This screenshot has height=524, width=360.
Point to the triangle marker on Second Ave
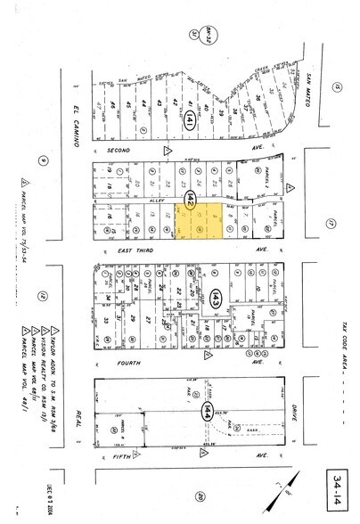click(x=168, y=151)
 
